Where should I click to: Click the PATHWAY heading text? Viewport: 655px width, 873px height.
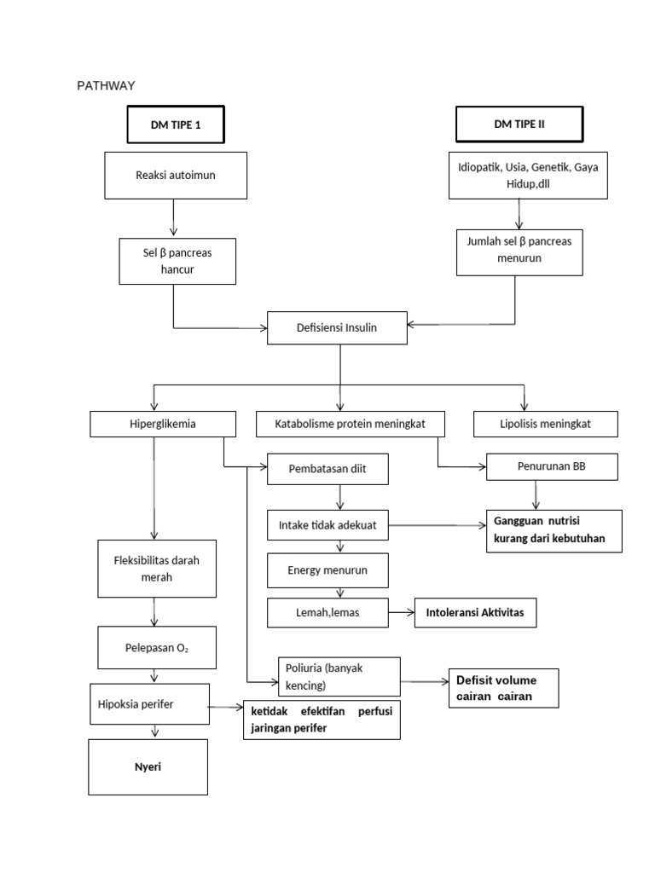[106, 85]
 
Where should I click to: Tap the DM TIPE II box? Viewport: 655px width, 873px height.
[519, 124]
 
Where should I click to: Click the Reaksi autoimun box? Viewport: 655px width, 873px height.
[175, 176]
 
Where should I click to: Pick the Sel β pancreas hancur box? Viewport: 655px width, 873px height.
[177, 261]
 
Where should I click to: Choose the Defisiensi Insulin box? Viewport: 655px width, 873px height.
[336, 327]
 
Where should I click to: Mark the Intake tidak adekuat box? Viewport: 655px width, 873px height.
[327, 525]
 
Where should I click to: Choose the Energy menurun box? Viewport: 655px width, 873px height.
[327, 569]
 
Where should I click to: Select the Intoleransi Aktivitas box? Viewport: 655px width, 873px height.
[476, 613]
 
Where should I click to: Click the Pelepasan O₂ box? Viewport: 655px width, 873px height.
[156, 649]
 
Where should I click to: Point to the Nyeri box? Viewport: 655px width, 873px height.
[148, 767]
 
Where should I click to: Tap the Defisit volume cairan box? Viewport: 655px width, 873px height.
[503, 688]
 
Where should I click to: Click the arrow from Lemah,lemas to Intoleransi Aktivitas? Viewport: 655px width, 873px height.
[401, 613]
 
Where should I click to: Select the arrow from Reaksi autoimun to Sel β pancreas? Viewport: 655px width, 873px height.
[174, 218]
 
